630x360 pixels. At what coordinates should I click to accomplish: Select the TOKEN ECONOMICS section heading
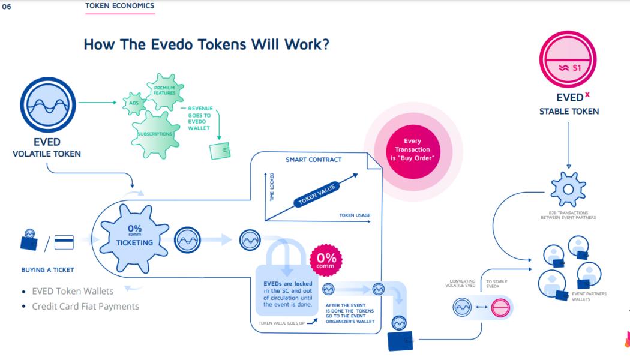coord(119,6)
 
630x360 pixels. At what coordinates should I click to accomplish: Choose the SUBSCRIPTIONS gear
coord(155,133)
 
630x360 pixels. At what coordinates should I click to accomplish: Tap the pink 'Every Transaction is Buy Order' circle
coord(412,149)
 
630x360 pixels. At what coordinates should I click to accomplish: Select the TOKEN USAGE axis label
coord(355,215)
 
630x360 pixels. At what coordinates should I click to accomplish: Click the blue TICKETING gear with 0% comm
coord(134,238)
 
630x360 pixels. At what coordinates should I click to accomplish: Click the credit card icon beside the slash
coord(64,242)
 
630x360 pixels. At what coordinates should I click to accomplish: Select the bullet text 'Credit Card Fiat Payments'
coord(85,306)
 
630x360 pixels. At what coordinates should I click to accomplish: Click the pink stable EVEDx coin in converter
coord(500,307)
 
